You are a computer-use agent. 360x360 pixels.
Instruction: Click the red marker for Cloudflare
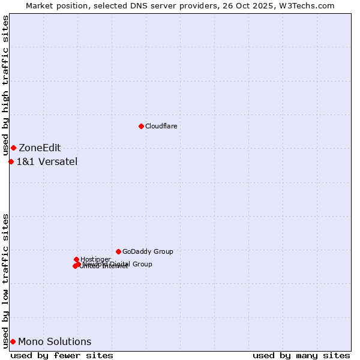[x=141, y=126]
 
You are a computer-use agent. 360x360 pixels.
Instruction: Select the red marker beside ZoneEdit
[x=13, y=148]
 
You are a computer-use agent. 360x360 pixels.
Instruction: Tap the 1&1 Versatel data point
[x=11, y=161]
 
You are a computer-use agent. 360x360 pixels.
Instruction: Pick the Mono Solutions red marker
[x=13, y=341]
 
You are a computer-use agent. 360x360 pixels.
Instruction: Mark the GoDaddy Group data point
[x=118, y=251]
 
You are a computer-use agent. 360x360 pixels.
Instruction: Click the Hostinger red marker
[x=76, y=259]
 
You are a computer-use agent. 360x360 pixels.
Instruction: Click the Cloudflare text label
[x=161, y=126]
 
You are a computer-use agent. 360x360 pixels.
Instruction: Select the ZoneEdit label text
[x=40, y=148]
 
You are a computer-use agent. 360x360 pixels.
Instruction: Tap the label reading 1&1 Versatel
[x=47, y=161]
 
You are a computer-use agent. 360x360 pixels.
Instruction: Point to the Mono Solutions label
[x=55, y=342]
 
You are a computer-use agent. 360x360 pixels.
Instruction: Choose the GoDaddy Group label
[x=148, y=252]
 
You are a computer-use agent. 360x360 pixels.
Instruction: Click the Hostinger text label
[x=95, y=260]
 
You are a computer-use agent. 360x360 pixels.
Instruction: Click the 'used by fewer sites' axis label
[x=62, y=355]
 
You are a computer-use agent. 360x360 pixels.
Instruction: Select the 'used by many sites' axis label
[x=301, y=355]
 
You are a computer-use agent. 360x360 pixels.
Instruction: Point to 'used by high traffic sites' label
[x=6, y=86]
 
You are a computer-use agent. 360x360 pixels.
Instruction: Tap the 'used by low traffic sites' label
[x=6, y=281]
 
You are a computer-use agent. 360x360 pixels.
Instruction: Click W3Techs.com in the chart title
[x=310, y=5]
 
